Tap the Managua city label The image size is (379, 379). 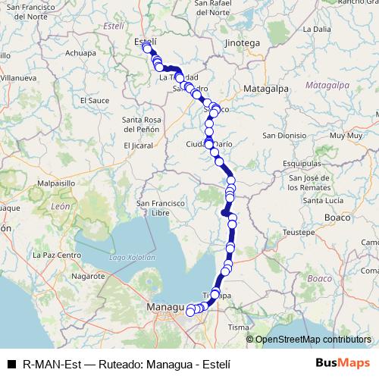pyautogui.click(x=164, y=308)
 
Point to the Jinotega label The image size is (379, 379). pyautogui.click(x=242, y=43)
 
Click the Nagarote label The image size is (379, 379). pyautogui.click(x=88, y=277)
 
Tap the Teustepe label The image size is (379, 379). pyautogui.click(x=296, y=231)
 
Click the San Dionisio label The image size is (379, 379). pyautogui.click(x=284, y=136)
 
